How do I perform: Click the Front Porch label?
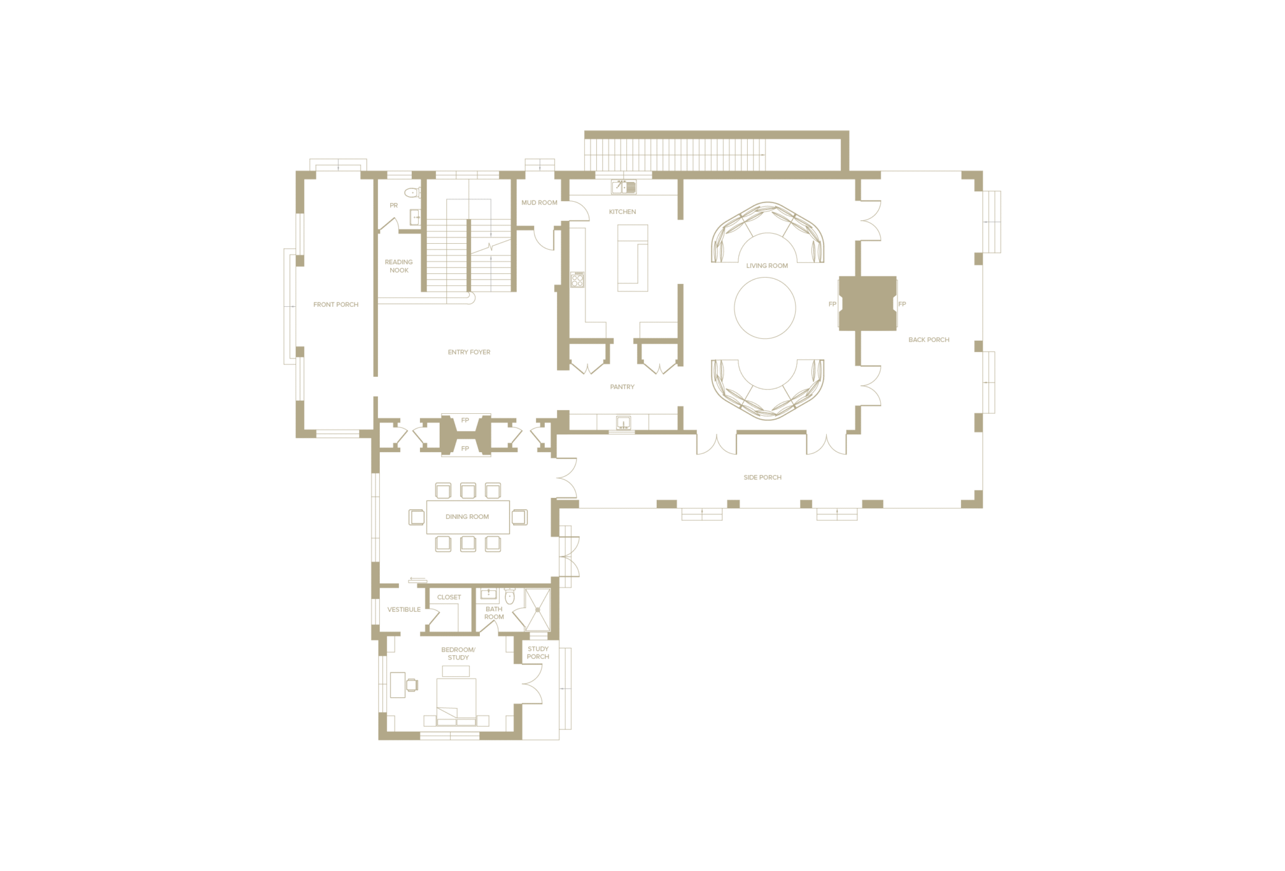pyautogui.click(x=336, y=304)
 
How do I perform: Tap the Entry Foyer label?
pyautogui.click(x=469, y=352)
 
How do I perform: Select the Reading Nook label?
pyautogui.click(x=399, y=266)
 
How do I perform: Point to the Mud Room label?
pyautogui.click(x=539, y=202)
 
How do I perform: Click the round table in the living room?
pyautogui.click(x=765, y=308)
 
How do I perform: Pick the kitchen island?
pyautogui.click(x=633, y=258)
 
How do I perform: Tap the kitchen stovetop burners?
pyautogui.click(x=577, y=280)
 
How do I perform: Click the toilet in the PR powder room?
pyautogui.click(x=412, y=192)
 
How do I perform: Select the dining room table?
pyautogui.click(x=468, y=517)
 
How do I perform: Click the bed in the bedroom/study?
pyautogui.click(x=456, y=702)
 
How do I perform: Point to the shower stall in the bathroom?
pyautogui.click(x=537, y=610)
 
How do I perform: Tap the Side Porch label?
pyautogui.click(x=762, y=478)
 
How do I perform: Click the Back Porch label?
pyautogui.click(x=929, y=340)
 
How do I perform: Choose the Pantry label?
pyautogui.click(x=622, y=387)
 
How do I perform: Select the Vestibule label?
pyautogui.click(x=404, y=609)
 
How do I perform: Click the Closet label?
pyautogui.click(x=449, y=597)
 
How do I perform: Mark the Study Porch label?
pyautogui.click(x=538, y=653)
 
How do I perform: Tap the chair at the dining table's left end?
pyautogui.click(x=417, y=517)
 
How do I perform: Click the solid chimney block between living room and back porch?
pyautogui.click(x=868, y=303)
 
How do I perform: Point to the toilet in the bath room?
pyautogui.click(x=510, y=596)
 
